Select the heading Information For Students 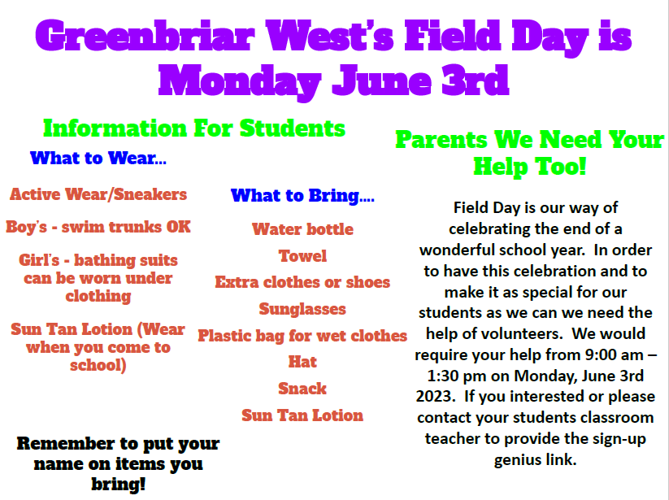194,128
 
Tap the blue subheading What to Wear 98,159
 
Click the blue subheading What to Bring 302,196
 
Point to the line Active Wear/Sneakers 98,194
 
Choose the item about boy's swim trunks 98,227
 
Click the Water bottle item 302,229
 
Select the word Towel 302,256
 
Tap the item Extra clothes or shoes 302,283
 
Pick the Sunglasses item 302,309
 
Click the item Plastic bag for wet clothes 302,336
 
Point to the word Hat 302,362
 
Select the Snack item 302,389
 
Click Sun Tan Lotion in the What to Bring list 302,415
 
